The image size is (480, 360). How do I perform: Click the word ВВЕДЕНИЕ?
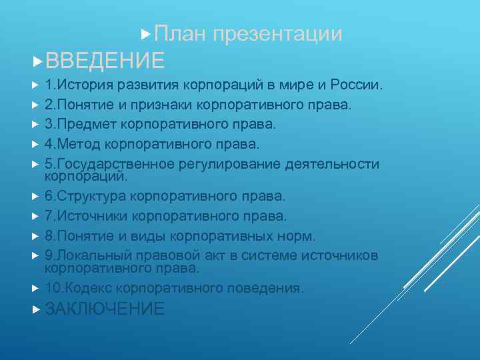tap(105, 61)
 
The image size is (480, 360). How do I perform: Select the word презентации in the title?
tap(278, 34)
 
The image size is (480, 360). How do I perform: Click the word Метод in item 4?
tap(80, 144)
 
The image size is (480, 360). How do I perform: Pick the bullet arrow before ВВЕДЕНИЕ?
tap(37, 61)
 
